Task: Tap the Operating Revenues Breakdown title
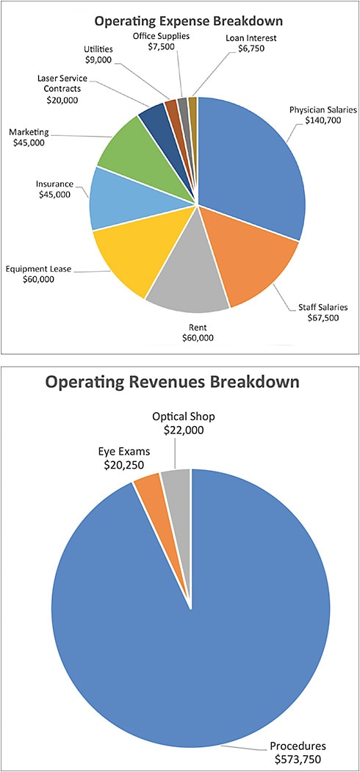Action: point(172,382)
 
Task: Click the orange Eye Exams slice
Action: point(148,488)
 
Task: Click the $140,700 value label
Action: point(322,122)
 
